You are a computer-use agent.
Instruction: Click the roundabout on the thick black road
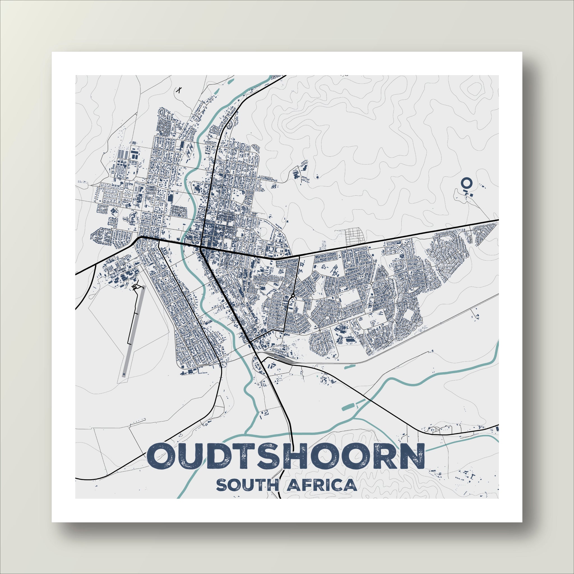[293, 296]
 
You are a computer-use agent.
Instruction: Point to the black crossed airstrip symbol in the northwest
[179, 90]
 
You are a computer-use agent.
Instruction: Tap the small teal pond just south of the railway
[350, 366]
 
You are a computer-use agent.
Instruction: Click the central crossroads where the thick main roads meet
[201, 247]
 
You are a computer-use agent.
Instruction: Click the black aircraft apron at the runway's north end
[135, 286]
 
